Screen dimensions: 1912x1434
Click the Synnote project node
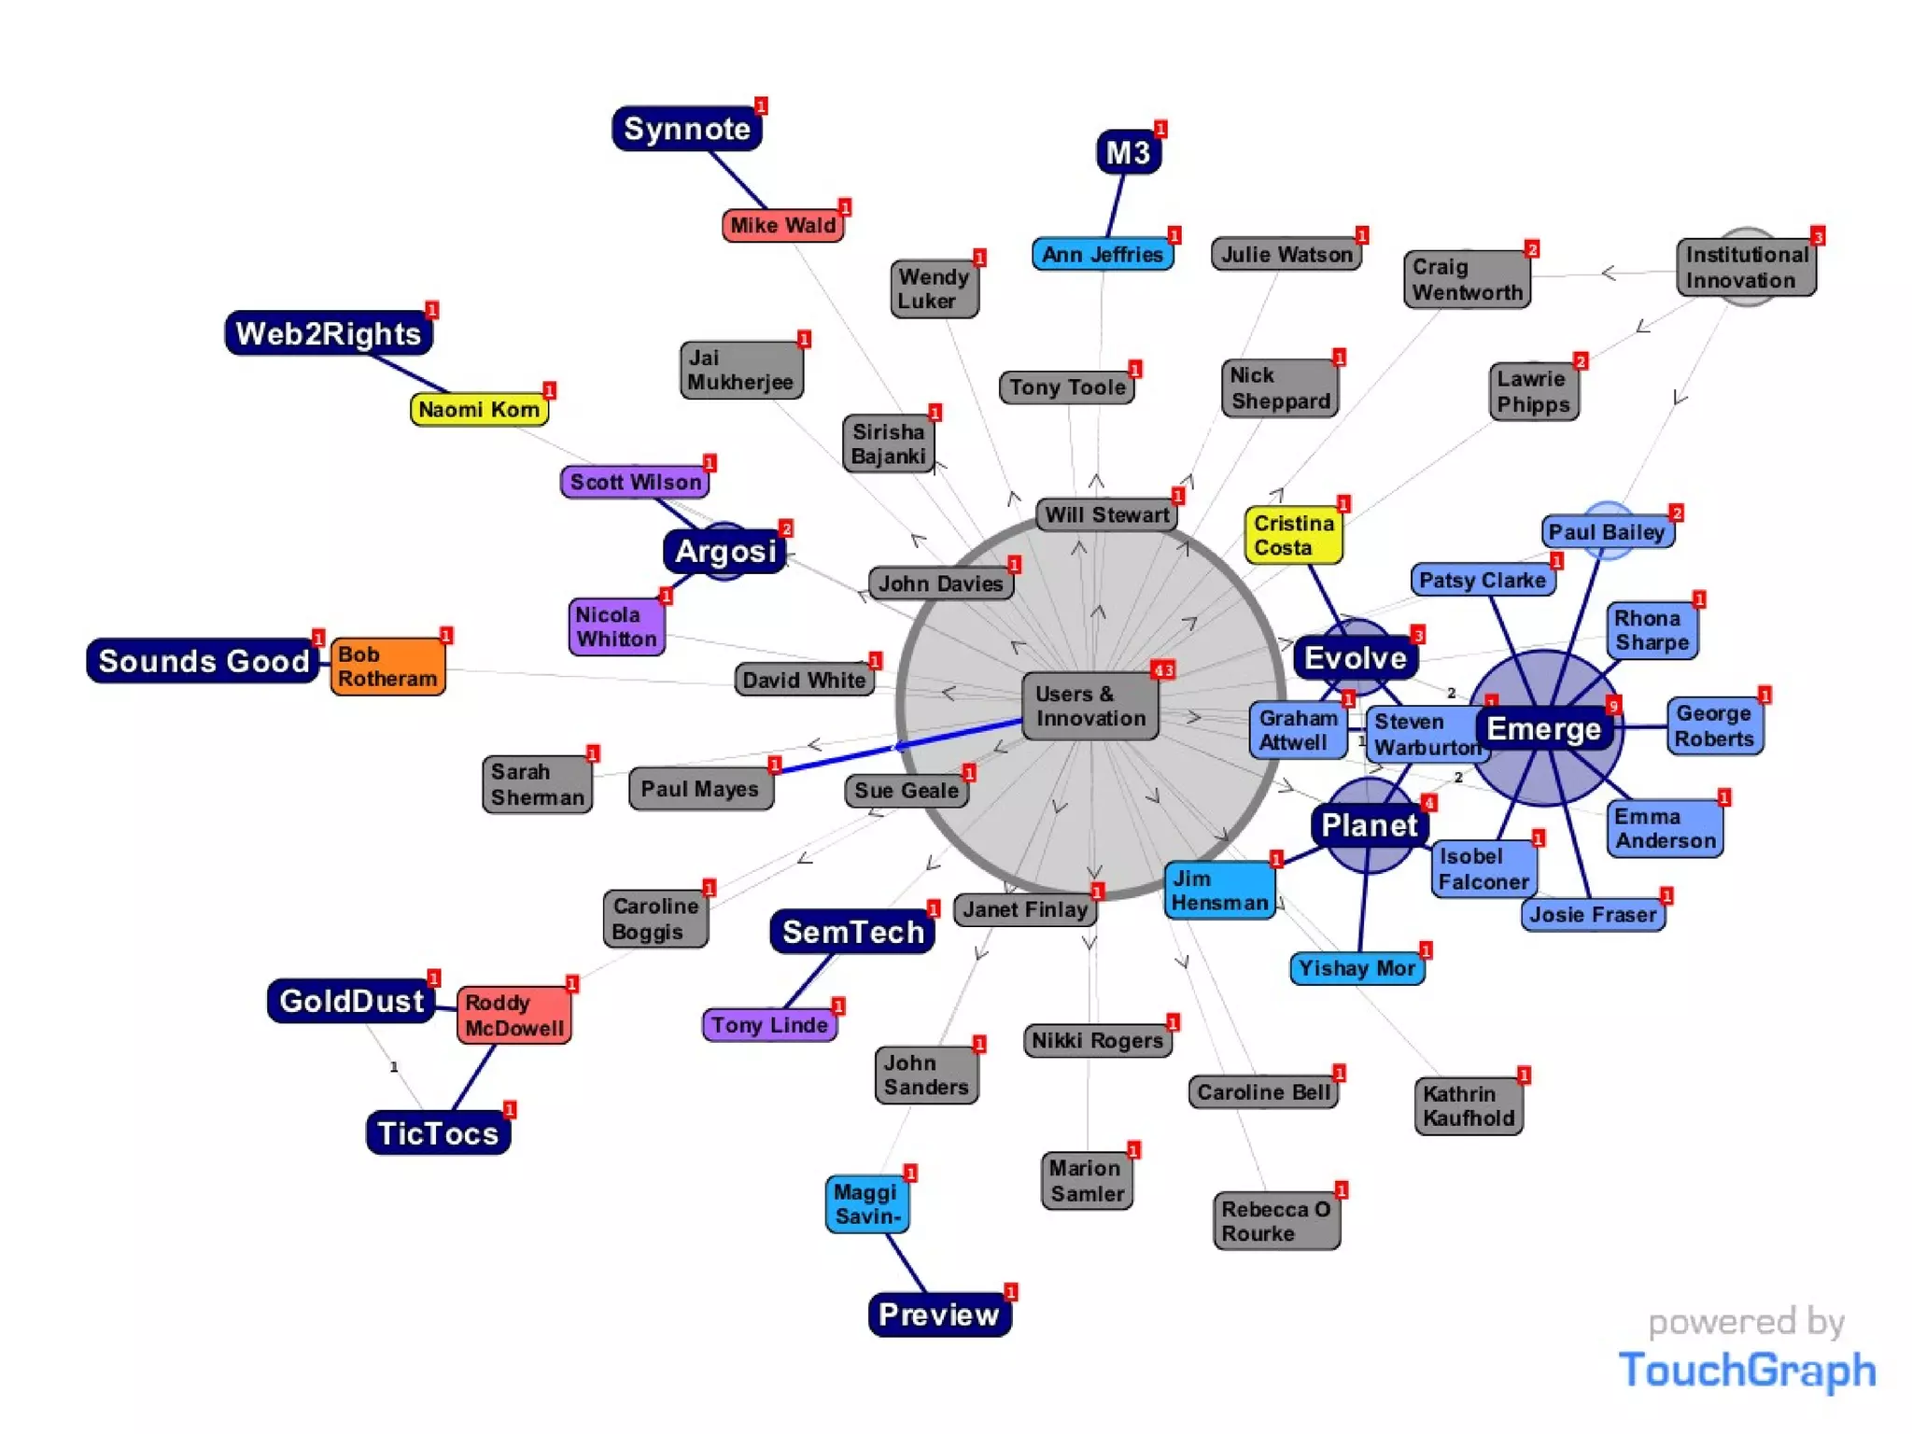coord(686,129)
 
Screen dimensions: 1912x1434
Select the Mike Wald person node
coord(782,225)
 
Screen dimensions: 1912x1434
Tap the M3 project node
coord(1128,152)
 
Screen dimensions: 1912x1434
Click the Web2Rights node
coord(328,333)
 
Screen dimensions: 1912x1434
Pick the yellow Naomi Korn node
coord(478,409)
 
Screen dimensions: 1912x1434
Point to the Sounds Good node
coord(204,661)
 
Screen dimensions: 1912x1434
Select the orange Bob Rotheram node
coord(387,667)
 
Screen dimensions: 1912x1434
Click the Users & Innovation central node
coord(1090,707)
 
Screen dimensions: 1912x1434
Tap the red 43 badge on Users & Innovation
coord(1162,670)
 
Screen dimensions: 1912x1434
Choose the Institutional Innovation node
coord(1746,268)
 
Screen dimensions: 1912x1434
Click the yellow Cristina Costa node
coord(1293,536)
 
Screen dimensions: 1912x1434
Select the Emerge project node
coord(1543,729)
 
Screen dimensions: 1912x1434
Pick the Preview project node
coord(938,1314)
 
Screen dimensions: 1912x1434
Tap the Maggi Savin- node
coord(867,1204)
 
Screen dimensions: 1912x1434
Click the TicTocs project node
coord(438,1133)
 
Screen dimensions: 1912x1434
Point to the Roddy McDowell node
coord(514,1015)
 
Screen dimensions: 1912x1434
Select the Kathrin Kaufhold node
coord(1469,1106)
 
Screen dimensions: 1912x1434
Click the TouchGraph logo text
coord(1747,1370)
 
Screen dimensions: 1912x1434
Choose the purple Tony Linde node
coord(769,1025)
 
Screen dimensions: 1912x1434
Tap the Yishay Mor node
coord(1357,968)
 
